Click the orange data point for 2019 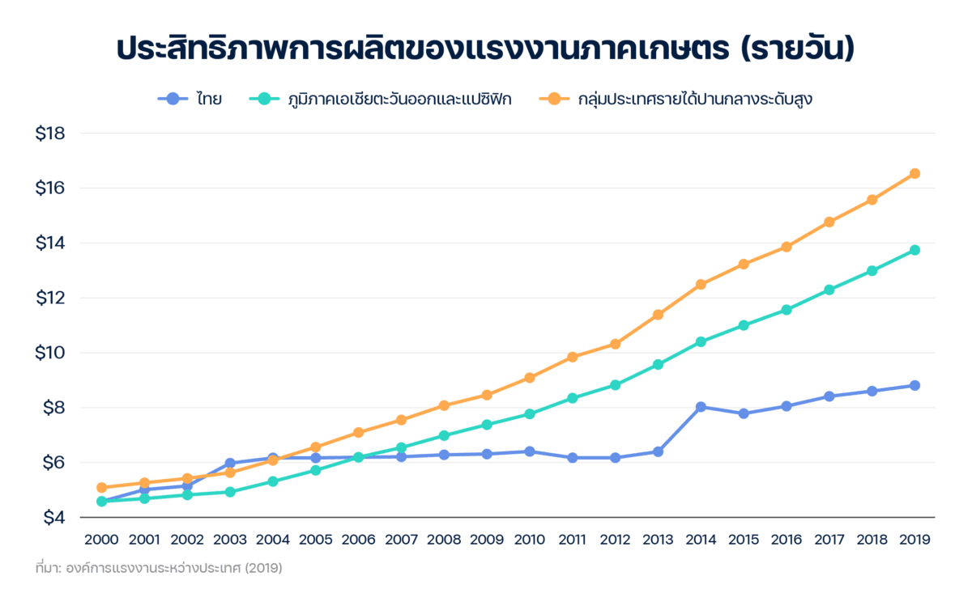[x=914, y=173]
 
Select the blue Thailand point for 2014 [x=701, y=407]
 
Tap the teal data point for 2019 [x=914, y=250]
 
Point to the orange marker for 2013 [x=658, y=315]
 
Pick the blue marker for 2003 [x=230, y=464]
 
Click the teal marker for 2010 [x=530, y=413]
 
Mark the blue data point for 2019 [x=914, y=385]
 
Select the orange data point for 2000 [x=101, y=487]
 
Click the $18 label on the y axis [x=49, y=133]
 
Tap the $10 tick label [x=49, y=353]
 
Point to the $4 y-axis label [x=49, y=517]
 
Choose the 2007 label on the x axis [x=401, y=539]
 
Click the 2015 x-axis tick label [x=743, y=539]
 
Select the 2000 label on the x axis [x=101, y=539]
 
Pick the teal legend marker [x=264, y=100]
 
